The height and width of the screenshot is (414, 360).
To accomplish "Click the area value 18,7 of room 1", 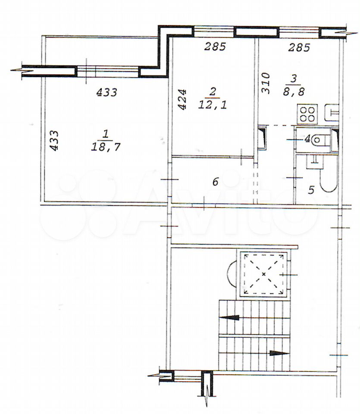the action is click(x=106, y=146).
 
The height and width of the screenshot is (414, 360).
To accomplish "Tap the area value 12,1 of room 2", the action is click(x=213, y=105).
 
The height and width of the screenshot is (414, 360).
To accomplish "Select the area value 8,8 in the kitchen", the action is click(x=294, y=91).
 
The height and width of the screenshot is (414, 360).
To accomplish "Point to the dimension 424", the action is click(x=182, y=99).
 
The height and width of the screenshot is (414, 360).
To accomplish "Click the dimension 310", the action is click(x=266, y=83).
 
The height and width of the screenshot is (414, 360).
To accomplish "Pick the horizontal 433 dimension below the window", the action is click(x=106, y=92).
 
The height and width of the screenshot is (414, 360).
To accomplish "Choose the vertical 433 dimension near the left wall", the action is click(x=54, y=140).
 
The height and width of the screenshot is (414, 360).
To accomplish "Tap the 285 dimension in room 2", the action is click(x=216, y=47).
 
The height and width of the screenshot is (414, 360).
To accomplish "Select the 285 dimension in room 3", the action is click(x=299, y=47).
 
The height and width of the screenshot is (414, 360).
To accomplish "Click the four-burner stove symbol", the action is click(x=307, y=114).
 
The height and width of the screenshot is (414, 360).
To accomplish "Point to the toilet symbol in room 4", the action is click(x=320, y=140).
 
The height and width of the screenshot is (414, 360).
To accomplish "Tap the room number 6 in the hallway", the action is click(x=216, y=182).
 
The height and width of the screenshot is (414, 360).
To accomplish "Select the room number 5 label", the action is click(x=311, y=190).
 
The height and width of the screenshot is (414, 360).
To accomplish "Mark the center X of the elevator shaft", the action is click(x=263, y=274).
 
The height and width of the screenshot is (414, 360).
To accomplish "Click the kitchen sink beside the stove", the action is click(x=332, y=113).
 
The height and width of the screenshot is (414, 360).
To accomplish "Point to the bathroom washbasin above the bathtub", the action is click(x=315, y=162).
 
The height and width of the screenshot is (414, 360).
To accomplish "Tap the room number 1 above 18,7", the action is click(x=105, y=135).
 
